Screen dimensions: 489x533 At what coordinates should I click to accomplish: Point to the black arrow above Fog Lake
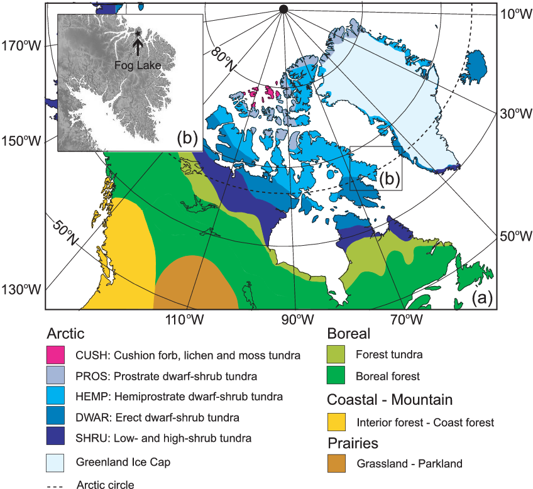pyautogui.click(x=137, y=45)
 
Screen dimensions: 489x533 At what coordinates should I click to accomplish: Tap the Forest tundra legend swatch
pyautogui.click(x=338, y=355)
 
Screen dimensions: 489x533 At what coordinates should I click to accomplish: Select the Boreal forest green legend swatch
pyautogui.click(x=338, y=376)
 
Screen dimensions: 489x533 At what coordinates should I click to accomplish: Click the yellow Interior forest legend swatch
pyautogui.click(x=338, y=422)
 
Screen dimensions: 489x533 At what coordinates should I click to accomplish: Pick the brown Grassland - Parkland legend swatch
pyautogui.click(x=338, y=464)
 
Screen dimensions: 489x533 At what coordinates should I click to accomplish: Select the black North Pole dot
pyautogui.click(x=283, y=9)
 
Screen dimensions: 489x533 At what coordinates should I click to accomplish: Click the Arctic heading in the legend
pyautogui.click(x=65, y=333)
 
